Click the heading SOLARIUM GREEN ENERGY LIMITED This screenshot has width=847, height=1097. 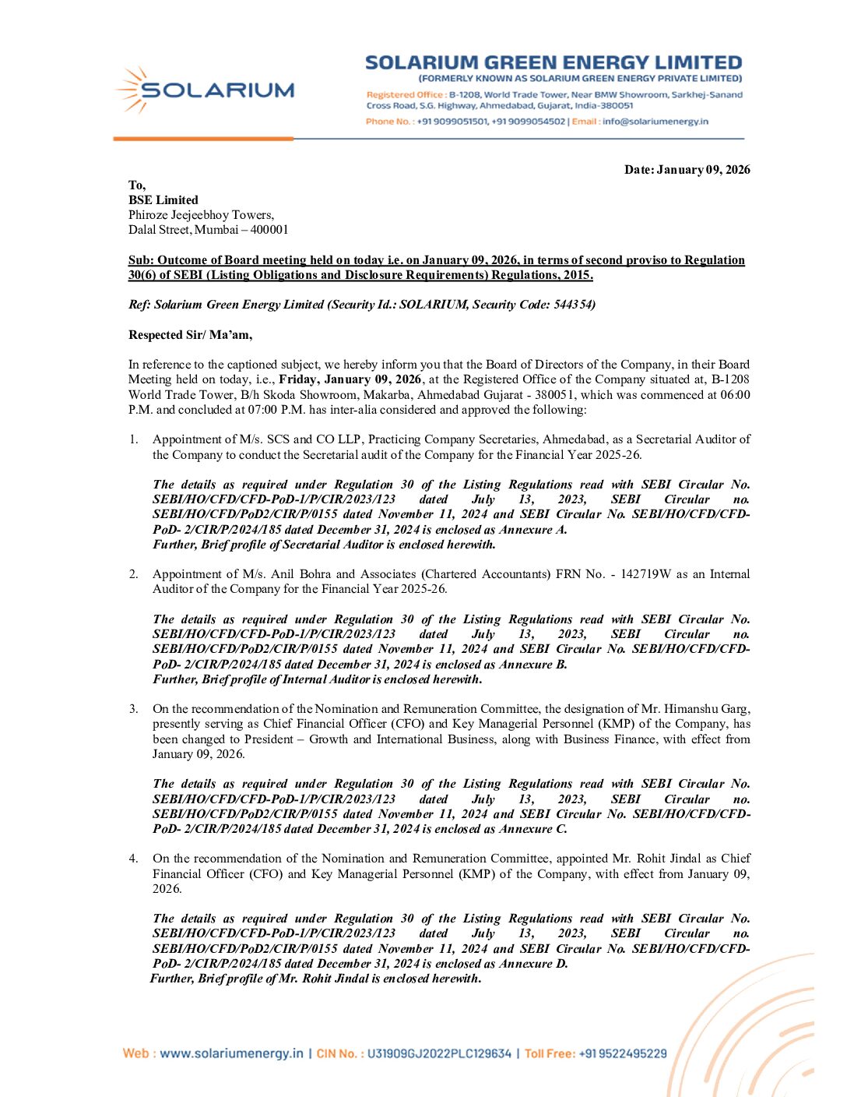point(554,62)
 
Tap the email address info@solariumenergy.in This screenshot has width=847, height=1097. point(655,122)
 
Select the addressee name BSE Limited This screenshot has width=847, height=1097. point(163,200)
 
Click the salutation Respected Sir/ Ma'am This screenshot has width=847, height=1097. point(190,335)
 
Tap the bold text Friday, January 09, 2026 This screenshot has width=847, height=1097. point(350,379)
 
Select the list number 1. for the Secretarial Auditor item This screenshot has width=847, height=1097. point(134,439)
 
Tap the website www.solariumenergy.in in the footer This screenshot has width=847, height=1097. point(231,1053)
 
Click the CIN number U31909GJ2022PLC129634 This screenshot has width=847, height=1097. point(439,1053)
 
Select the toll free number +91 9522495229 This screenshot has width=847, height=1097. point(622,1053)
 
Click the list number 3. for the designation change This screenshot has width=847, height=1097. point(134,709)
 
